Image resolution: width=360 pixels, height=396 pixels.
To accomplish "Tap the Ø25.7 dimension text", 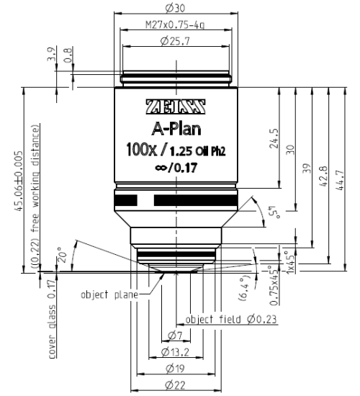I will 176,43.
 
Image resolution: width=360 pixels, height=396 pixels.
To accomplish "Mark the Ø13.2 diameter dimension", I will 175,353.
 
